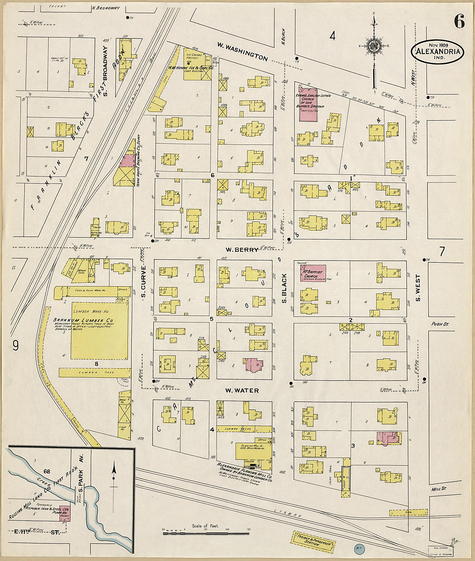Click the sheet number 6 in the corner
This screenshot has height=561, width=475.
(459, 21)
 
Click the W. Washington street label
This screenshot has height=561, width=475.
(243, 52)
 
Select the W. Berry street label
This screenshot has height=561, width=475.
(242, 249)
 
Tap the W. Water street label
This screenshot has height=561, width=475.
(242, 391)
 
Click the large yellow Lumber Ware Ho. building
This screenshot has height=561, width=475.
(99, 330)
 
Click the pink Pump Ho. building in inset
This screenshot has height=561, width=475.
(65, 513)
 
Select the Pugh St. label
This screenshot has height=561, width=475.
(440, 324)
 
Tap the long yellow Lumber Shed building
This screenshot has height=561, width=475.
(95, 372)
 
